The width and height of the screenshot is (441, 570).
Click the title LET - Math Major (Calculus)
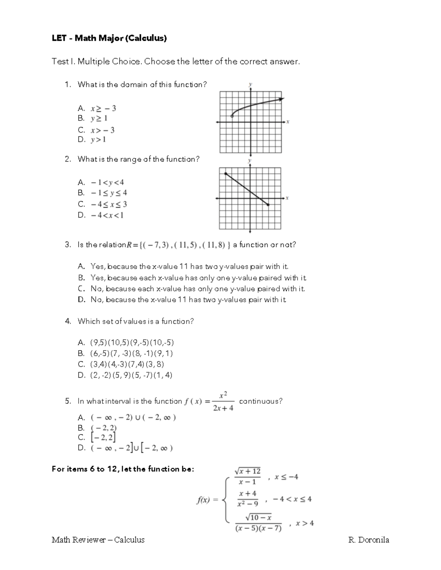[109, 38]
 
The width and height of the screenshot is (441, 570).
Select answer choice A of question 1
[97, 108]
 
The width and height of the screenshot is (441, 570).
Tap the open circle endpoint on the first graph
[232, 116]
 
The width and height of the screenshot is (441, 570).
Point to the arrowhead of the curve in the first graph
[282, 99]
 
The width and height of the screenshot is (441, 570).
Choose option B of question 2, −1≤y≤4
[103, 193]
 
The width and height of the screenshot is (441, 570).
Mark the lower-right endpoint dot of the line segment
[268, 205]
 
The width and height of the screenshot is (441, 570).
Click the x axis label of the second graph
[287, 198]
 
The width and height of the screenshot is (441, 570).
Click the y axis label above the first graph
[250, 84]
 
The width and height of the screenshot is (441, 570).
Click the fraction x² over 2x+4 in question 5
[223, 402]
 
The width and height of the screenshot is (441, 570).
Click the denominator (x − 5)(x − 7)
[258, 529]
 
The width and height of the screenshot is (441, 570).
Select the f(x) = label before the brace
[208, 500]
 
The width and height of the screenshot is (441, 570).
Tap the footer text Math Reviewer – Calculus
[98, 540]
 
